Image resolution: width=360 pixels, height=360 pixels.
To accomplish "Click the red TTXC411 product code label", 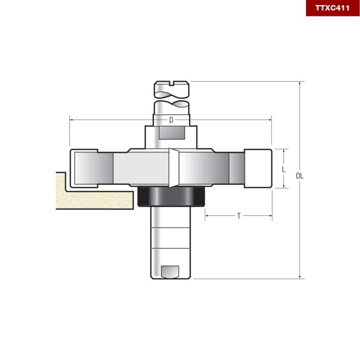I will pyautogui.click(x=332, y=8).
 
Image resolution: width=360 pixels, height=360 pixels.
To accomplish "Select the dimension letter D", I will pyautogui.click(x=171, y=120).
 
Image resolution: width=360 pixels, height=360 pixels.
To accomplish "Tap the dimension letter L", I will pyautogui.click(x=284, y=169).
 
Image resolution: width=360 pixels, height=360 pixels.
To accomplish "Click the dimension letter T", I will pyautogui.click(x=239, y=216).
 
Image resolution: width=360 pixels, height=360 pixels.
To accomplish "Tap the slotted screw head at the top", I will pyautogui.click(x=172, y=87).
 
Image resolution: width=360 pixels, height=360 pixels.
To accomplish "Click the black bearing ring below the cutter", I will pyautogui.click(x=171, y=197).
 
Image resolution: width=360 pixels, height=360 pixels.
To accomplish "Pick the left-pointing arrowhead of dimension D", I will pyautogui.click(x=72, y=120).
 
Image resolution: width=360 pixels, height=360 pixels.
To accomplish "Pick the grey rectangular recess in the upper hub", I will pyautogui.click(x=172, y=133).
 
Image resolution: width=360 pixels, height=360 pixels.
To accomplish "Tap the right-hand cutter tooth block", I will pyautogui.click(x=258, y=169).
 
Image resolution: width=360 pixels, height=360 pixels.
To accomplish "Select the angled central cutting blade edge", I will pyautogui.click(x=173, y=168).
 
